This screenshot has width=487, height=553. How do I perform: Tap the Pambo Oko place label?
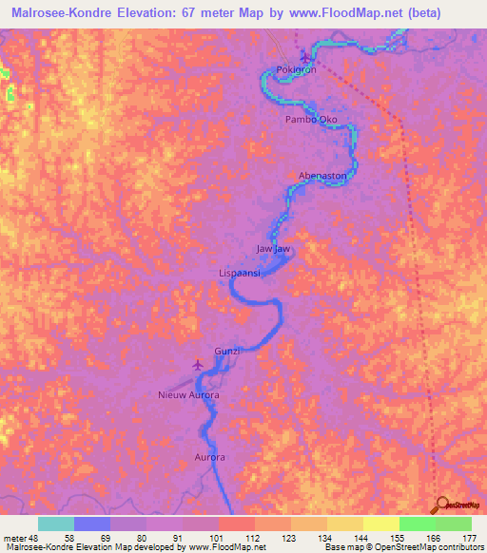click(311, 121)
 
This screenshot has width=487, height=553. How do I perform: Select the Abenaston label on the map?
click(321, 176)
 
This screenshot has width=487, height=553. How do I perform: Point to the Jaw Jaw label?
click(272, 249)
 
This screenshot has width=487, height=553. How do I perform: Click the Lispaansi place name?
click(242, 273)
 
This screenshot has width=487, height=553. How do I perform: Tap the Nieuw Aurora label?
click(188, 394)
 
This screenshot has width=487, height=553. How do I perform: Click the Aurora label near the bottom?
click(209, 457)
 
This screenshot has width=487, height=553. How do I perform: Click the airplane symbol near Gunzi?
click(198, 364)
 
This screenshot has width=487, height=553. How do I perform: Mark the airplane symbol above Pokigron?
click(304, 55)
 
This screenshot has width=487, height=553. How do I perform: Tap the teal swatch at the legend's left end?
click(56, 524)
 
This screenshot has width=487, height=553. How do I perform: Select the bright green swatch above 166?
click(417, 524)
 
